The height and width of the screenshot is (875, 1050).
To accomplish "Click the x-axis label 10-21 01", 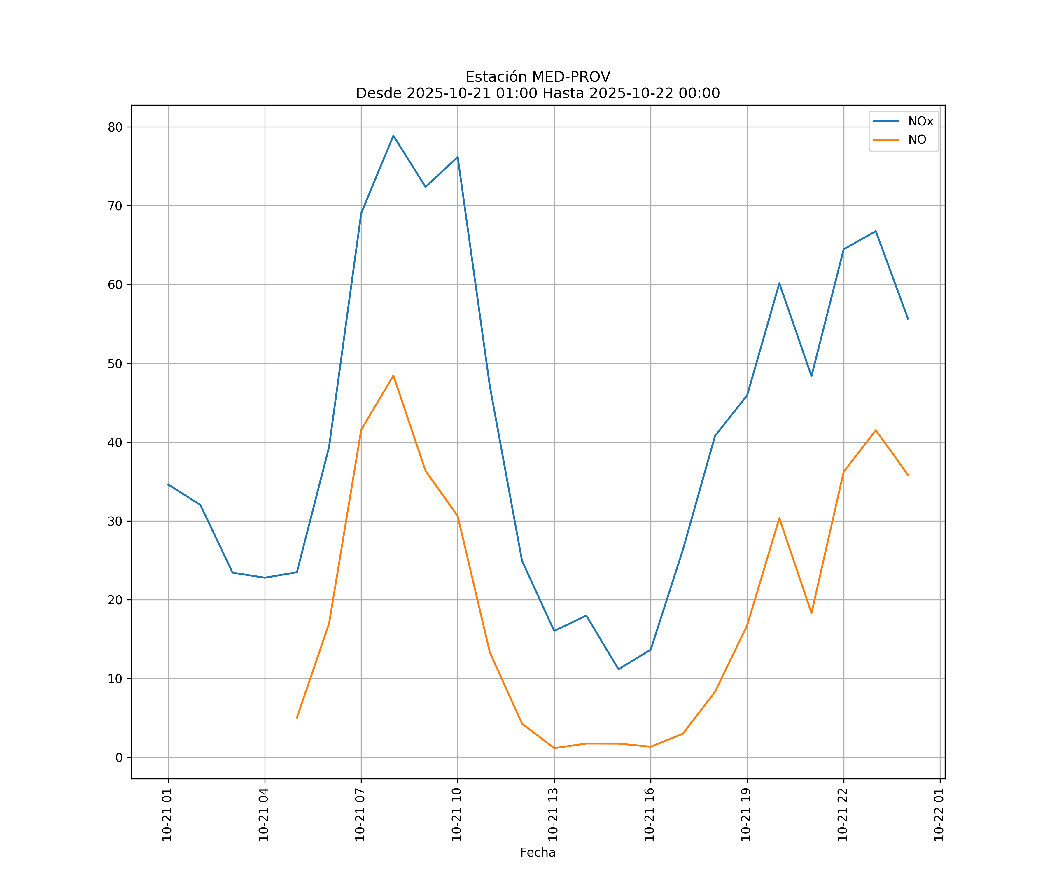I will (x=167, y=815).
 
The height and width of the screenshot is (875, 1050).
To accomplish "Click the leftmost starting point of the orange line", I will (x=297, y=718).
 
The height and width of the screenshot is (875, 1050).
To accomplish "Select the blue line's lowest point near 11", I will (x=619, y=669).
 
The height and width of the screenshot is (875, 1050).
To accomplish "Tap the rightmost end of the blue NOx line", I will (x=908, y=319).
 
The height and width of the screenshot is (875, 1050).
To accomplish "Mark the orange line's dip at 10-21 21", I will (x=811, y=613).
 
